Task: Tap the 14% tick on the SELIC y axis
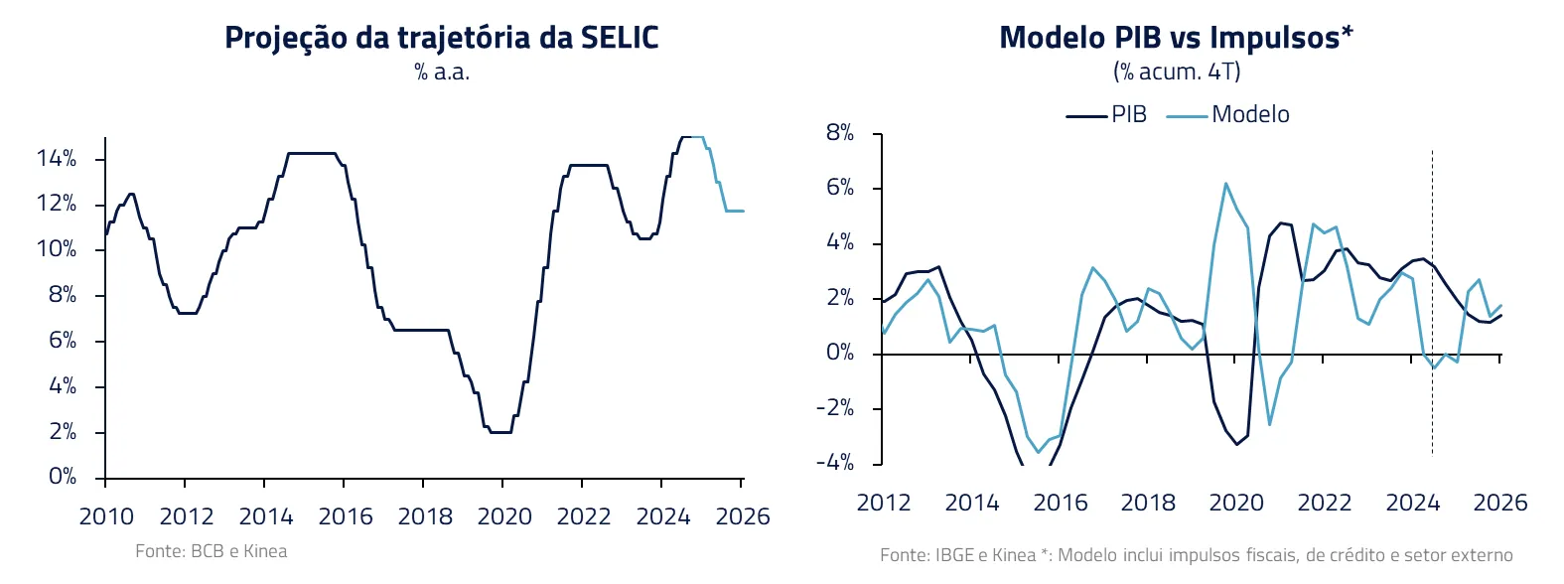pyautogui.click(x=57, y=159)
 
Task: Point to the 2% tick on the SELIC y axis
pyautogui.click(x=63, y=432)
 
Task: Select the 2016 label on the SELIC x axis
pyautogui.click(x=346, y=516)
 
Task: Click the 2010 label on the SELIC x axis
pyautogui.click(x=106, y=516)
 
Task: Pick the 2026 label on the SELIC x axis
pyautogui.click(x=743, y=516)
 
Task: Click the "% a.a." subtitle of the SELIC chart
pyautogui.click(x=442, y=73)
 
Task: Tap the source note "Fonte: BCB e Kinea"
pyautogui.click(x=212, y=551)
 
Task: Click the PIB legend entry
pyautogui.click(x=1107, y=115)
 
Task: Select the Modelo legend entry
pyautogui.click(x=1229, y=115)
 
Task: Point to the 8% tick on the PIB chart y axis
pyautogui.click(x=840, y=133)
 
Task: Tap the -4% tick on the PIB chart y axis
pyautogui.click(x=835, y=463)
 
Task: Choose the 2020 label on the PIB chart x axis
pyautogui.click(x=1236, y=503)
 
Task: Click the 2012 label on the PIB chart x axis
pyautogui.click(x=884, y=503)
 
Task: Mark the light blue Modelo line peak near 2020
pyautogui.click(x=1225, y=184)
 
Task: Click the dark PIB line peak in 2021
pyautogui.click(x=1280, y=223)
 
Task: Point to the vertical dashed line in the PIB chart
pyautogui.click(x=1432, y=298)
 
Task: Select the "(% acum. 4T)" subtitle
pyautogui.click(x=1177, y=73)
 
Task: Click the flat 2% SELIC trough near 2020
pyautogui.click(x=500, y=432)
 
